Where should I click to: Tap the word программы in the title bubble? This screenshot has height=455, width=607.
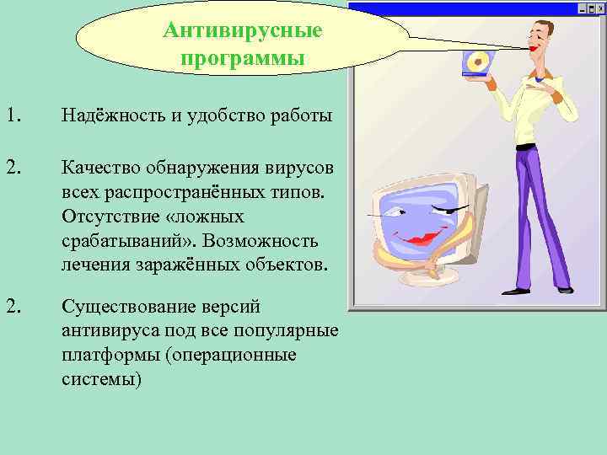point(243,60)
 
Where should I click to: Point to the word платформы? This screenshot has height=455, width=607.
point(110,355)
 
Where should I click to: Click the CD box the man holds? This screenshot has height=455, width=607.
point(476,64)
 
